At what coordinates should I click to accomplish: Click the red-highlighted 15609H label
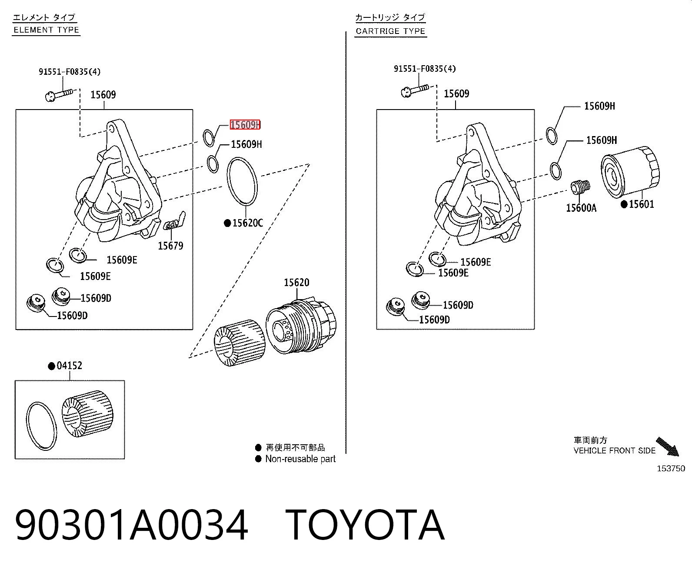pos(245,125)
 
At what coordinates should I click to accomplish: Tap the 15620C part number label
pos(248,223)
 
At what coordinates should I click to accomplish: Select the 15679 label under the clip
pos(170,246)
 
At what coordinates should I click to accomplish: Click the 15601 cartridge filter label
pos(641,204)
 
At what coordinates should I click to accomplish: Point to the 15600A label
pos(581,208)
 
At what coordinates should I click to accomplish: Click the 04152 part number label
pos(69,366)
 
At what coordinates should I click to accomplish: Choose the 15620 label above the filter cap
pos(296,283)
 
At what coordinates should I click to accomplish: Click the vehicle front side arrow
pos(668,446)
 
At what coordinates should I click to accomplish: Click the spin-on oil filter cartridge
pos(630,172)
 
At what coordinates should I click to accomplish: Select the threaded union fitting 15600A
pos(580,187)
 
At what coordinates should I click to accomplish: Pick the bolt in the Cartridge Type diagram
pos(414,90)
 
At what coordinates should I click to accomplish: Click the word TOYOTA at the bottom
pos(365,525)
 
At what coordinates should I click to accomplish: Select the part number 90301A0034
pos(131,525)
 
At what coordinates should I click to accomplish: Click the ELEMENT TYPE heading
pos(47,30)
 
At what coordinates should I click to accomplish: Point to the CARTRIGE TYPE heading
pos(390,31)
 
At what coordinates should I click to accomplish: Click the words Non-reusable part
pos(300,459)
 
